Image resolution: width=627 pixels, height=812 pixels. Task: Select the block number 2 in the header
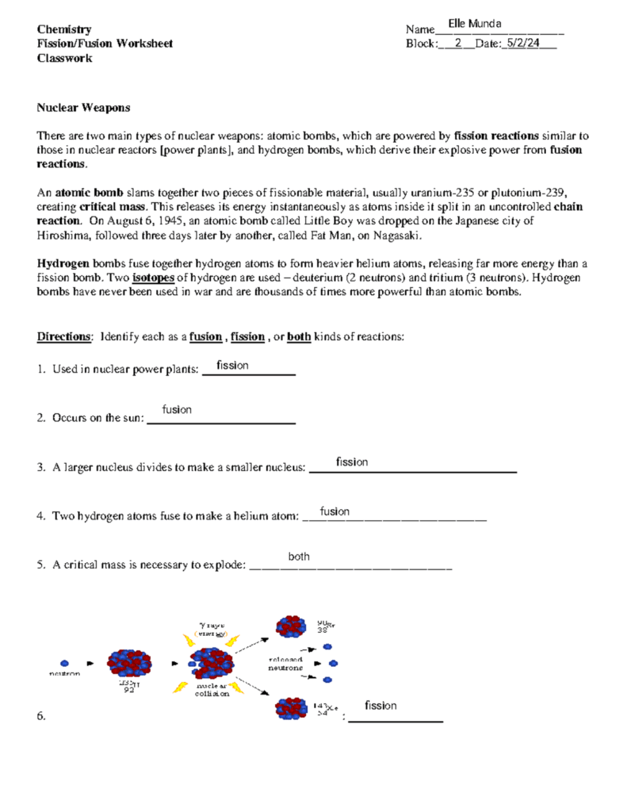[458, 44]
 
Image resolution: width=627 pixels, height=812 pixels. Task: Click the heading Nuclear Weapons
[84, 107]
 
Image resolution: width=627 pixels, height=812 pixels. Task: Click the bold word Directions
[64, 336]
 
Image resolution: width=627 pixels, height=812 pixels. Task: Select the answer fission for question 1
[233, 366]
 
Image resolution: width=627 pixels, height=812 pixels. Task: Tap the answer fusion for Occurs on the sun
[177, 410]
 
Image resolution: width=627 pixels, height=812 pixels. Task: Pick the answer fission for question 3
[352, 462]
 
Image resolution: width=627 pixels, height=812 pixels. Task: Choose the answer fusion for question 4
[335, 511]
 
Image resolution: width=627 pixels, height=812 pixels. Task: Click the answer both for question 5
[299, 557]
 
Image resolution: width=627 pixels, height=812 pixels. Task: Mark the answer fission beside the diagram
[380, 706]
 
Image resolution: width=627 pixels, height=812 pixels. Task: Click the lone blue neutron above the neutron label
[64, 661]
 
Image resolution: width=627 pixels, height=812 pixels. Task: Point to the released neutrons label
[285, 664]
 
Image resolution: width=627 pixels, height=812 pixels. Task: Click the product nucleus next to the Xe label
[289, 708]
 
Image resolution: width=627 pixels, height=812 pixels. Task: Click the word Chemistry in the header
[64, 29]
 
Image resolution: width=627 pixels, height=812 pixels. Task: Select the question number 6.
[42, 717]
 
